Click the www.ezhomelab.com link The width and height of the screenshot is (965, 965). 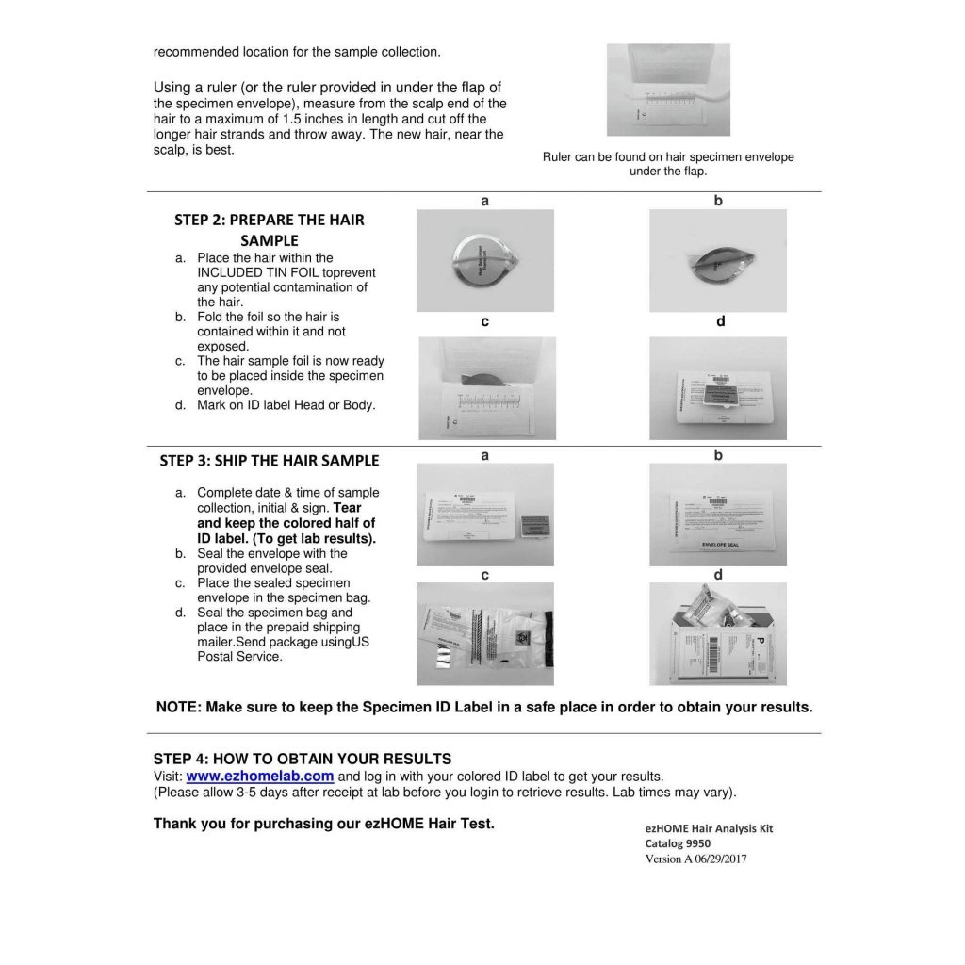coord(260,777)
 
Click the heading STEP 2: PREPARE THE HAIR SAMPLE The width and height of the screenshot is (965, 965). coord(270,230)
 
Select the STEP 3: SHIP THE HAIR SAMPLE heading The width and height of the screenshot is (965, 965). coord(270,461)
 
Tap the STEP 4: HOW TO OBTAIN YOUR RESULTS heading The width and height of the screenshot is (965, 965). coord(303,759)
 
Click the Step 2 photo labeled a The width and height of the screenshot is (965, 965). coord(485,261)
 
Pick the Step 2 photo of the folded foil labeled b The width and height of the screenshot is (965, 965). coord(718,261)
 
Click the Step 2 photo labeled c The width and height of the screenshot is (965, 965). coord(486,387)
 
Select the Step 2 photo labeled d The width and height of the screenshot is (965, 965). coord(718,387)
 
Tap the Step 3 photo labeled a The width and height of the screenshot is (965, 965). coord(485,515)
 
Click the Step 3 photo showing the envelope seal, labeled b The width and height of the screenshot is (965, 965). coord(718,515)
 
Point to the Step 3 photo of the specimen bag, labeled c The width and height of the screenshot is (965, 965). coord(485,634)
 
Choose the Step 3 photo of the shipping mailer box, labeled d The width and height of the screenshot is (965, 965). coord(718,634)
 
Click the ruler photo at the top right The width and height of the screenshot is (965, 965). coord(668,90)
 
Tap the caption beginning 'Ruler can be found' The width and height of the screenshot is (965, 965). coord(668,164)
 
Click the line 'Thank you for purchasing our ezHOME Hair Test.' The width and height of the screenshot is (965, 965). coord(323,824)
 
